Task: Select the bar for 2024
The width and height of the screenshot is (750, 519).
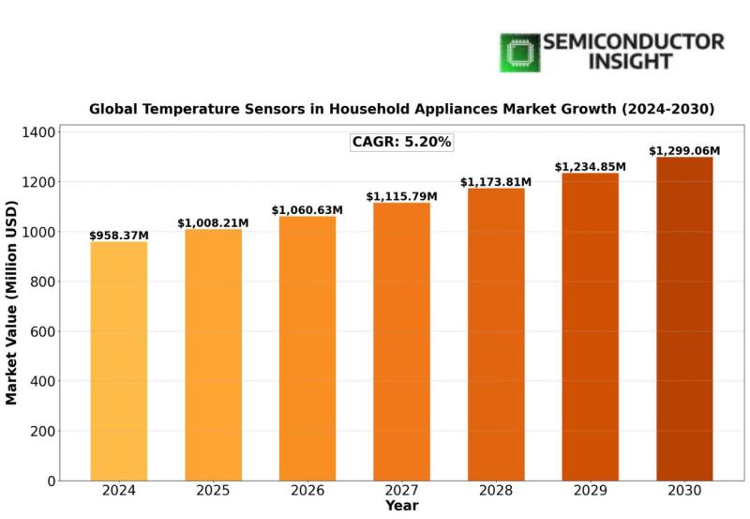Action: [x=119, y=361]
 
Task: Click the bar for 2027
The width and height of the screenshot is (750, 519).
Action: [x=401, y=342]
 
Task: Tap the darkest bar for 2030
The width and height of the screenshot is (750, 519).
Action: [x=684, y=319]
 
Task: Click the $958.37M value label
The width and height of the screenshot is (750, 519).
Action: [x=119, y=236]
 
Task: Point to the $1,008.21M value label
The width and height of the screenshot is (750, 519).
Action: [x=213, y=223]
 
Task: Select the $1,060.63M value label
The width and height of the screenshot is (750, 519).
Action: [x=307, y=210]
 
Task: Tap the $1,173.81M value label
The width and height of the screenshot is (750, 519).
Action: [x=496, y=182]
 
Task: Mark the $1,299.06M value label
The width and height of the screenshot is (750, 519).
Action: [x=684, y=151]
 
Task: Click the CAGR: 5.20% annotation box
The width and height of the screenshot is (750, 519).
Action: [x=401, y=143]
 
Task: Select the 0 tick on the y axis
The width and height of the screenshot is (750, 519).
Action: [x=51, y=481]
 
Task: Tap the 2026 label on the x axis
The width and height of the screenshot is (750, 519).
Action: [x=307, y=491]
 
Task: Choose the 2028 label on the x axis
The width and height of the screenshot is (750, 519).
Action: [x=496, y=491]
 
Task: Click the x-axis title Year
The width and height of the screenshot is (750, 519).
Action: [x=401, y=507]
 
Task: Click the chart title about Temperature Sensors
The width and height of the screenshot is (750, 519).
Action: [x=401, y=109]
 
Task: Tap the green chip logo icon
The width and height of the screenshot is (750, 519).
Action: [x=519, y=53]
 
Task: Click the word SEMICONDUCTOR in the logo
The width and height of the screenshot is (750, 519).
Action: [x=634, y=42]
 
